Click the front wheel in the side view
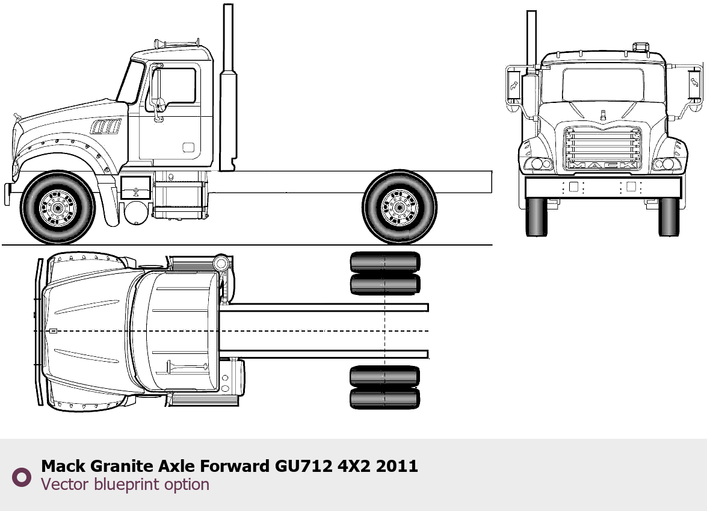tap(58, 208)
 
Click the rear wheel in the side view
tap(400, 207)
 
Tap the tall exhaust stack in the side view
tap(228, 87)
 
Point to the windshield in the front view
tap(603, 84)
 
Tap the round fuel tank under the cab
tap(136, 212)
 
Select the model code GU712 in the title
tap(303, 465)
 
